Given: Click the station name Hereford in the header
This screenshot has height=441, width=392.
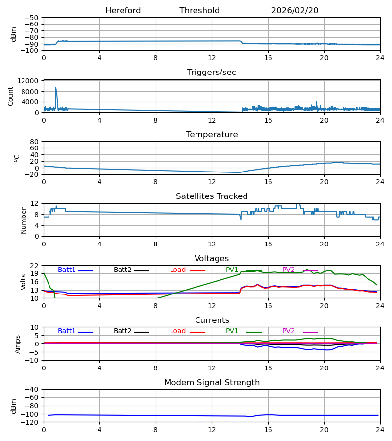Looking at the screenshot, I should [x=123, y=11].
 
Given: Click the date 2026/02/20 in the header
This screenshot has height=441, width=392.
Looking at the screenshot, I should [x=294, y=11].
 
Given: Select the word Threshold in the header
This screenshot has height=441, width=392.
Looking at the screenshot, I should [x=199, y=11].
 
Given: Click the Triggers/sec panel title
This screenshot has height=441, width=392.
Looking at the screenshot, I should [x=212, y=73].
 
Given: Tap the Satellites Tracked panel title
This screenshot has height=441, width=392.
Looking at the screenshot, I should [x=212, y=196].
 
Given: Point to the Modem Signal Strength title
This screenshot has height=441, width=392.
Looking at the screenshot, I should [x=212, y=383].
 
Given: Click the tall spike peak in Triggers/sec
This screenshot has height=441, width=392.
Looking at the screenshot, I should [x=56, y=88].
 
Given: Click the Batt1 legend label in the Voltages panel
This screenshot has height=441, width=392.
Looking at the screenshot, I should [x=67, y=270].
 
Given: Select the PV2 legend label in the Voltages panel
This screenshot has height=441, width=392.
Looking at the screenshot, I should [x=288, y=270].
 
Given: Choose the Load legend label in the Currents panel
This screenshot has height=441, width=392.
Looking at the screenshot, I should [x=178, y=331].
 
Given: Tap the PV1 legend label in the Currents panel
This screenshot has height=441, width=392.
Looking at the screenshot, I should [x=232, y=331].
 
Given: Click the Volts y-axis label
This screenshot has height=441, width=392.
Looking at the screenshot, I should [x=24, y=282].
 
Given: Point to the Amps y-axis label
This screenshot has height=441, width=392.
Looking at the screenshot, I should [x=18, y=344].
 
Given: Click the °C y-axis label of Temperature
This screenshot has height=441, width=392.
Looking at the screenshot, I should [x=17, y=158].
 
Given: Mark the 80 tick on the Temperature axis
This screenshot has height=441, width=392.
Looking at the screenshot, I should [x=34, y=142].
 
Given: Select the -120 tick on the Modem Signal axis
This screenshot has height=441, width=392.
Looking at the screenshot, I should [x=30, y=422].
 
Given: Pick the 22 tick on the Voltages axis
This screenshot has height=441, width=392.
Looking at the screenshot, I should [x=34, y=266].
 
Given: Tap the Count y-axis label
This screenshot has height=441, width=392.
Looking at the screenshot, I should [x=11, y=96].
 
